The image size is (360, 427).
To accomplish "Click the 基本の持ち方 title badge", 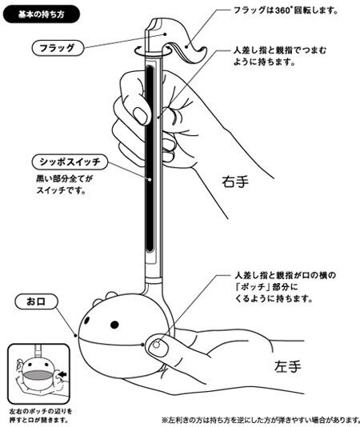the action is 42,14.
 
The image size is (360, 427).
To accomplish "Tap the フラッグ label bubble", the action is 58,48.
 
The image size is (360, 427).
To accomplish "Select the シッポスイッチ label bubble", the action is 70,162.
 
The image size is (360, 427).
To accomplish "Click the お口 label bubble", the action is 37,301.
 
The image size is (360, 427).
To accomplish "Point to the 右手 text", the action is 235,182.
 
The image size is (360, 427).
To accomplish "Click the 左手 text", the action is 288,366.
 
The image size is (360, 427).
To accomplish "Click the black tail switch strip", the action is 150,158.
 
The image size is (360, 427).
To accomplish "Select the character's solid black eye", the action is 114,325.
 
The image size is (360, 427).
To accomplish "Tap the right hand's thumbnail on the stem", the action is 142,115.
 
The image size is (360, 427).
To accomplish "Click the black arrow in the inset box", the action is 62,375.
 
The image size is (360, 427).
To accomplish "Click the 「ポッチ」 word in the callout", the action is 250,287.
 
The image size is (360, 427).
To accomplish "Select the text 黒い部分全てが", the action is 65,179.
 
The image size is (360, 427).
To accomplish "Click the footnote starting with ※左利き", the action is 261,419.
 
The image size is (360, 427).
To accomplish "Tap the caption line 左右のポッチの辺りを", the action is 41,411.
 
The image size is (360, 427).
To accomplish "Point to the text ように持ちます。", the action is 264,62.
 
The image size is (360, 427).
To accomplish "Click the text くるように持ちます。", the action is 274,298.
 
